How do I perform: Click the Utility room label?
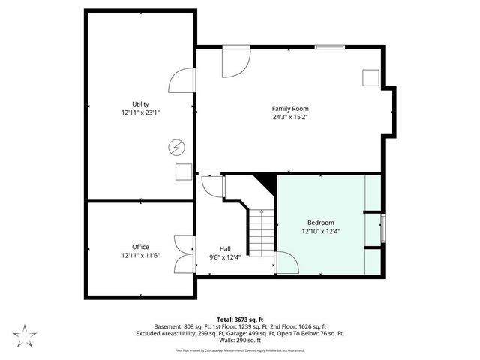[140, 103]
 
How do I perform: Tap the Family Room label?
[290, 109]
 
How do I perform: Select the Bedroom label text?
[320, 223]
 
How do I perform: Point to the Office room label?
[140, 247]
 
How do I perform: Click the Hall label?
[225, 248]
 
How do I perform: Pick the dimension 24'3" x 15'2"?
[290, 117]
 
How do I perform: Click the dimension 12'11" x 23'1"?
[140, 112]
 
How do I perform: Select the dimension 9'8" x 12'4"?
[225, 256]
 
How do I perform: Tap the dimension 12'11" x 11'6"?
[140, 255]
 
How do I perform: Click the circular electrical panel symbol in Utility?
[178, 147]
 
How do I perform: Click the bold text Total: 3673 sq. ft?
[239, 319]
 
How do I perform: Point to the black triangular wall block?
[265, 183]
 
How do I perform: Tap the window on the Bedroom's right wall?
[382, 228]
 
